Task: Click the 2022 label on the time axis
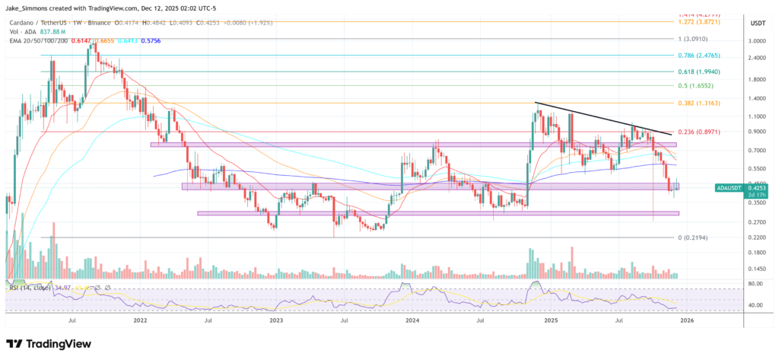point(140,321)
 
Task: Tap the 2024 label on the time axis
point(412,321)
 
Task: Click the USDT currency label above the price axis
point(757,24)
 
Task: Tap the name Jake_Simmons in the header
point(27,7)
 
